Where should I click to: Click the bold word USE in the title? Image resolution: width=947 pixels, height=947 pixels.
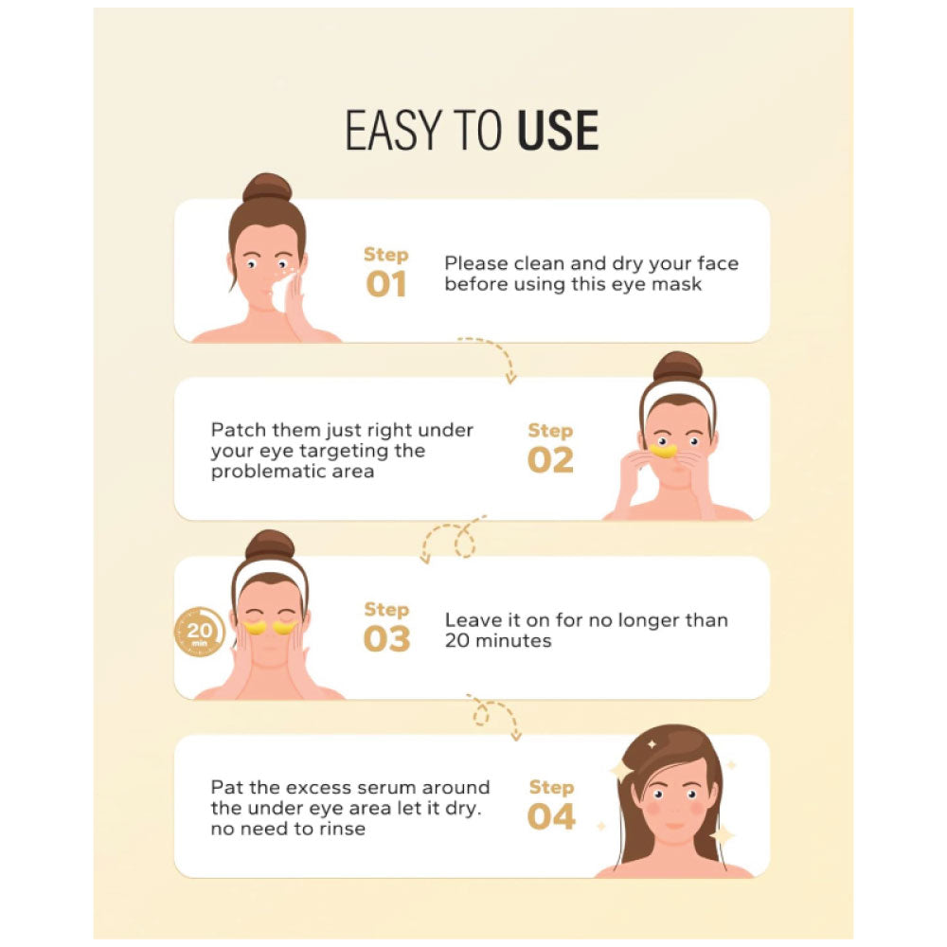[x=558, y=130]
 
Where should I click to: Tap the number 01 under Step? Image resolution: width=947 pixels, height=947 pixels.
[x=386, y=284]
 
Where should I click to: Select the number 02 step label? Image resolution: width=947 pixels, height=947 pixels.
[x=550, y=460]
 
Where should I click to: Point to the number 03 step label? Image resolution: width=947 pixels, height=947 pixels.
[x=386, y=639]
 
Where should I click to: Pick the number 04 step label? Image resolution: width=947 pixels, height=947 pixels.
[x=551, y=816]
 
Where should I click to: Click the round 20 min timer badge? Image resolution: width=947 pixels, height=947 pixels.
[x=199, y=633]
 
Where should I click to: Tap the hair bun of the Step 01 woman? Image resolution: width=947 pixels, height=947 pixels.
[x=267, y=188]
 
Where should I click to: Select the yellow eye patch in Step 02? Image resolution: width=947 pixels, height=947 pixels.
[x=664, y=451]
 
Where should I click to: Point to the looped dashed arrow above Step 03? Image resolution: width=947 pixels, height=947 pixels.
[x=452, y=539]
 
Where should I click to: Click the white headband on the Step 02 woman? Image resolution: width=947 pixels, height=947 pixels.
[x=678, y=390]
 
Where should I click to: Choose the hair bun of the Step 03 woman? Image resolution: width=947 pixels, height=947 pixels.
[x=270, y=545]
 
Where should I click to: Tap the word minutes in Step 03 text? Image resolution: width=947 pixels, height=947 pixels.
[x=513, y=641]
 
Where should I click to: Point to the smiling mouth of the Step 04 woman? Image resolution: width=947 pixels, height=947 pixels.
[x=674, y=826]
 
